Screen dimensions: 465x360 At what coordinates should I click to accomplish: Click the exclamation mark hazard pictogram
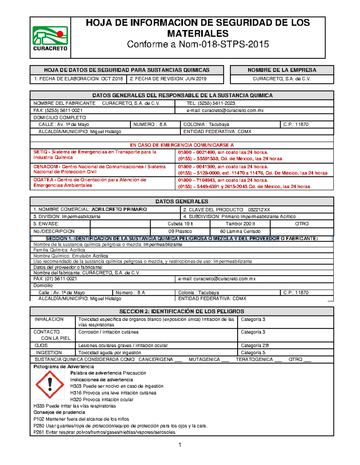(50, 384)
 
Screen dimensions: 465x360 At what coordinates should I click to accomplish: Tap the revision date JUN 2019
(195, 79)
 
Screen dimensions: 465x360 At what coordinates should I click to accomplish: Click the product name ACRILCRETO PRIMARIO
(119, 209)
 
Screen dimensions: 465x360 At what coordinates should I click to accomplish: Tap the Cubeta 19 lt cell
(180, 224)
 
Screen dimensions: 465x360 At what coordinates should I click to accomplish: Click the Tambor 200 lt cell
(240, 224)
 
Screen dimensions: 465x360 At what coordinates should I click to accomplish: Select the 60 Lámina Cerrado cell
(240, 231)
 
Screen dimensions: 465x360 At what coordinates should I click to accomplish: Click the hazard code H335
(39, 406)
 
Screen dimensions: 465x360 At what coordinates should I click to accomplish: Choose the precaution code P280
(39, 426)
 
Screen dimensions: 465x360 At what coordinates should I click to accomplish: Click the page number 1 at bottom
(180, 445)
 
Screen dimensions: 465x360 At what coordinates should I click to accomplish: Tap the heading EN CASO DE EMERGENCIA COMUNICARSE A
(181, 145)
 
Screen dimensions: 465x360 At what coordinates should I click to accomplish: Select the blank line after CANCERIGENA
(178, 361)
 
